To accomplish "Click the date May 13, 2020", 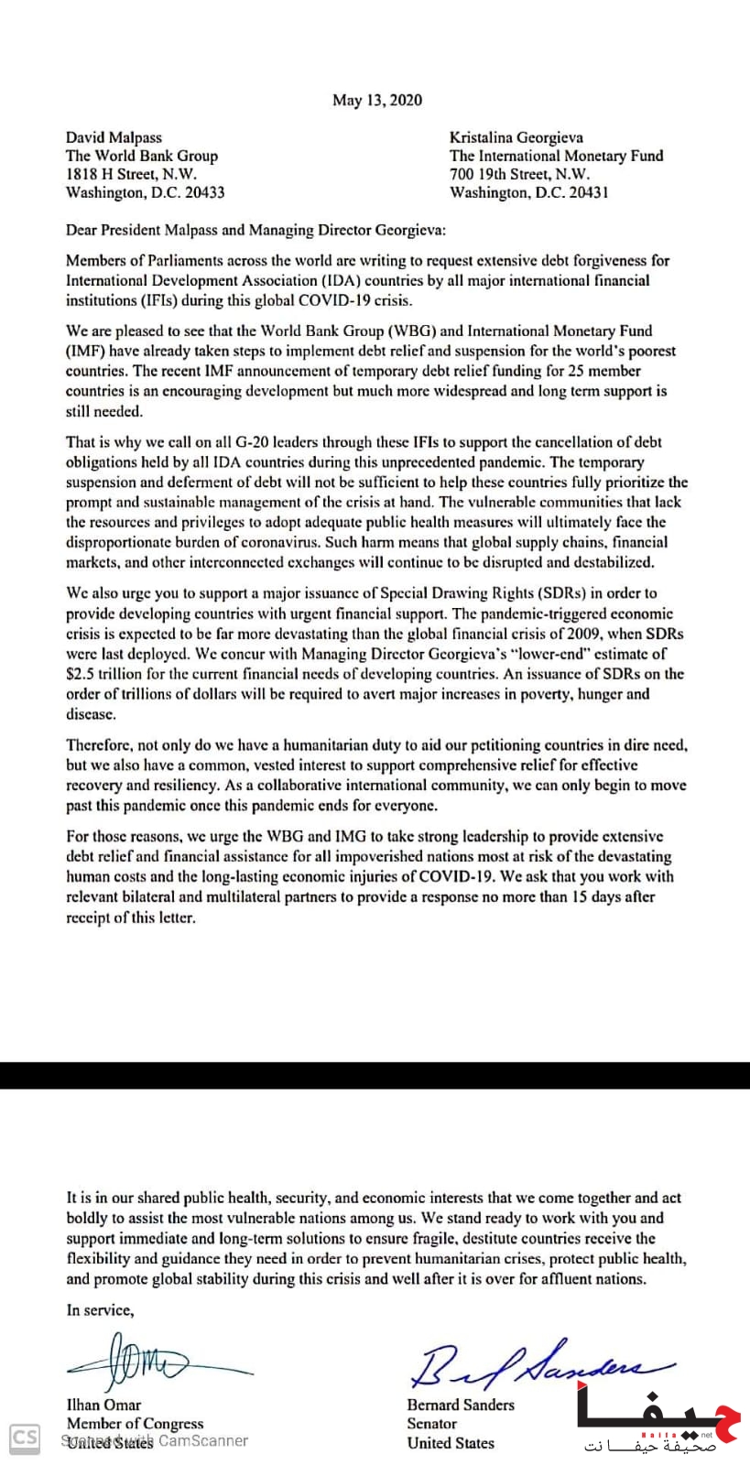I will [377, 100].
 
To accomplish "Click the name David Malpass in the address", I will [114, 137].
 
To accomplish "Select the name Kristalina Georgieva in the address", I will [516, 137].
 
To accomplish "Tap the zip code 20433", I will [203, 192].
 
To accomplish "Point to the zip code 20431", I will [587, 192].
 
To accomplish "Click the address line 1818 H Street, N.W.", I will [131, 174].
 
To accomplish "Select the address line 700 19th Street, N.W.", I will [519, 174].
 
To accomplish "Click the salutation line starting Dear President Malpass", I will [255, 230].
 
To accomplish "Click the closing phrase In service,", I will [100, 1310].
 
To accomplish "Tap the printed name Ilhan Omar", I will [103, 1405].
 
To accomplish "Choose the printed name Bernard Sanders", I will [461, 1405].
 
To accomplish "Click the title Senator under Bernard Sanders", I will [431, 1424].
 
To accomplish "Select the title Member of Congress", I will [135, 1424].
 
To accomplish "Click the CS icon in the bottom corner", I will [25, 1438].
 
